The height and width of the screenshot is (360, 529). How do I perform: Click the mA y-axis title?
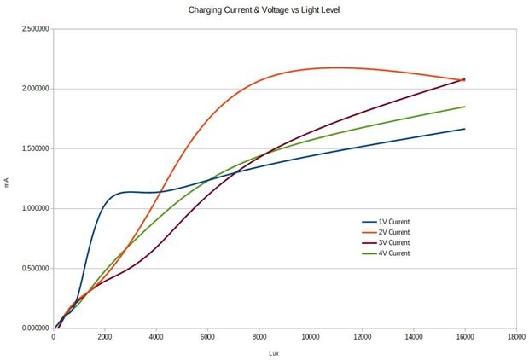coord(8,182)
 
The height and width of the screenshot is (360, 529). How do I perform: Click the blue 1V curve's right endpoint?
coord(465,129)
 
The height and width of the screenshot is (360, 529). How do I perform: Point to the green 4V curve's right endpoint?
coord(465,107)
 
